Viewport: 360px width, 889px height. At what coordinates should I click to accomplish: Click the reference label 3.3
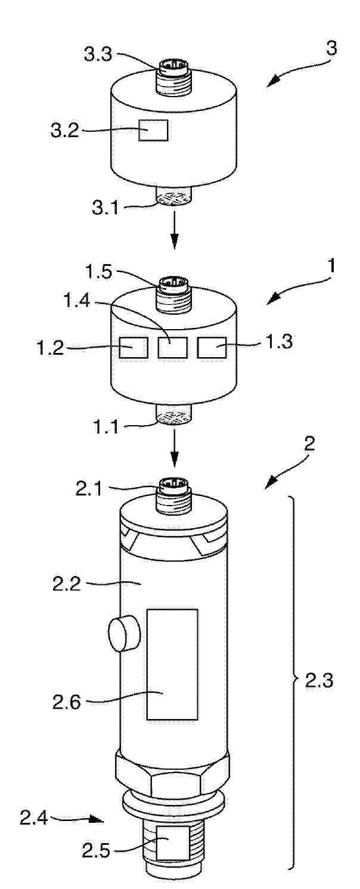click(98, 55)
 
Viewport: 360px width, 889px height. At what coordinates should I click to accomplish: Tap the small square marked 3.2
click(153, 130)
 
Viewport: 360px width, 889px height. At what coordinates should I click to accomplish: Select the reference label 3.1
click(105, 207)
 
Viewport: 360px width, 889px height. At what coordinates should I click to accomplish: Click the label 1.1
click(105, 427)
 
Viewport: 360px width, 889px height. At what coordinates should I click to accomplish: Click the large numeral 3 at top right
click(330, 48)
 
